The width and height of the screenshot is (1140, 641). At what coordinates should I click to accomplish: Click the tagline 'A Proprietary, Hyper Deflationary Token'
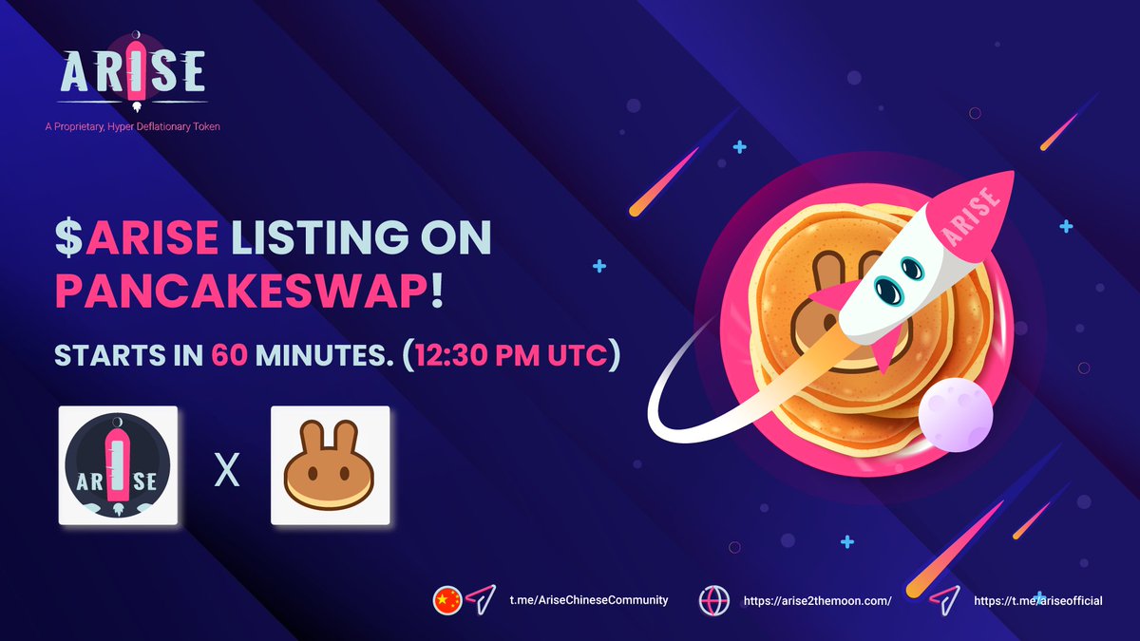pos(139,126)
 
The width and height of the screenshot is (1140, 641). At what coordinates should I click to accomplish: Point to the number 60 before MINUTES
pos(231,356)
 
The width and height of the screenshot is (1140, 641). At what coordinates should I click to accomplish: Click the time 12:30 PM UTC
pos(513,356)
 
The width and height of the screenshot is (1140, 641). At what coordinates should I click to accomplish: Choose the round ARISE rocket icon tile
pos(119,465)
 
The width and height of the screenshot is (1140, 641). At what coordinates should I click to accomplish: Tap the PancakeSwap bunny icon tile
pos(331,465)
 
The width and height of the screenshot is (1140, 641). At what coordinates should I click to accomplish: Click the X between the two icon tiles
pos(225,469)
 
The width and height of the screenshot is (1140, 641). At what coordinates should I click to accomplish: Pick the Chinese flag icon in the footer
pos(446,600)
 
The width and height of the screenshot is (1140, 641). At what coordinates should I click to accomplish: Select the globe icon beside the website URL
pos(713,601)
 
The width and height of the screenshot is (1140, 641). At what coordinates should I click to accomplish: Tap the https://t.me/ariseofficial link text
pos(1038,601)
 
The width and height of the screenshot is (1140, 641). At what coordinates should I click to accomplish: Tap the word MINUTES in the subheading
pos(321,356)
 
